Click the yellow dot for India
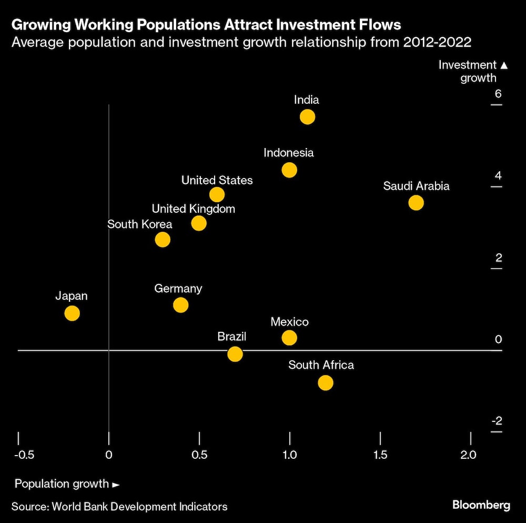coord(307,117)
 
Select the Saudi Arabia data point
coord(416,203)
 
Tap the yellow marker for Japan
coord(72,313)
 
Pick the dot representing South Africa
coord(326,383)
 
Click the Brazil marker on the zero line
coord(235,354)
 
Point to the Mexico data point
coord(289,338)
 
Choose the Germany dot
coord(180,305)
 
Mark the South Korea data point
coord(163,240)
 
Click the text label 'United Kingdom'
coord(193,209)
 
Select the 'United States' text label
coord(217,180)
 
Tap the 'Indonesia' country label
coord(288,153)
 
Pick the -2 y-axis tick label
coord(497,421)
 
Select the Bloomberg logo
coord(481,505)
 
